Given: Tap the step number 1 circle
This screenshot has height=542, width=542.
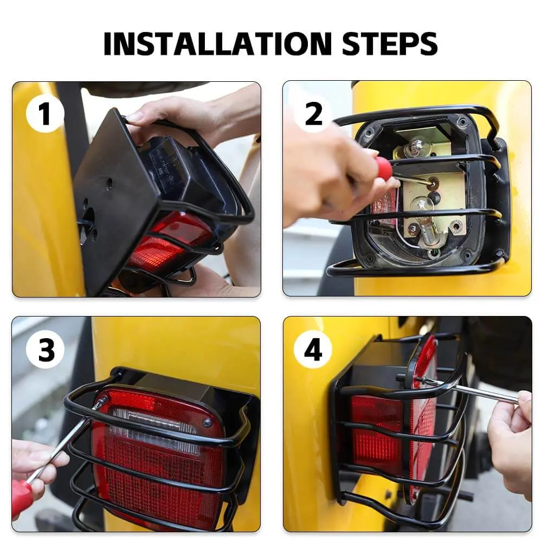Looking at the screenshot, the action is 45,114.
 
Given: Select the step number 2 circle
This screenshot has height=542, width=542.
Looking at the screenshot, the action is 313,114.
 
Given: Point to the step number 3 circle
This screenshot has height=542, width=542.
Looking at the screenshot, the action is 45,350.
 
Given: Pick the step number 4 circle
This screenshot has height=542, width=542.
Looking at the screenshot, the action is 313,350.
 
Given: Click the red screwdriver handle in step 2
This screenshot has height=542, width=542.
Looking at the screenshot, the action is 383,167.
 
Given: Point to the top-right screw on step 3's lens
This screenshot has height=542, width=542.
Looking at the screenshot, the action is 207,421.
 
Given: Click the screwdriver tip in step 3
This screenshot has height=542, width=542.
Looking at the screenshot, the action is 101,402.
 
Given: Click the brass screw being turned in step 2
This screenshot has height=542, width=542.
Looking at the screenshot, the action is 432,181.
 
